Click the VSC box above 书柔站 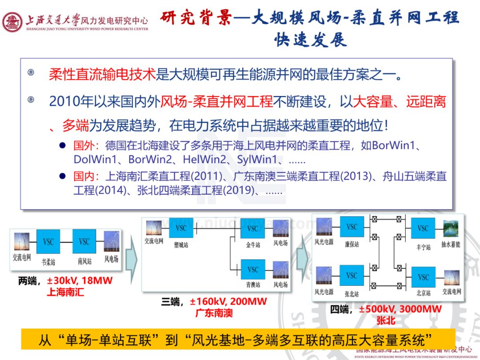point(48,242)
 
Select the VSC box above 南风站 point(84,242)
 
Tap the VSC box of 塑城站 point(181,228)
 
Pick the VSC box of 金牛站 point(252,228)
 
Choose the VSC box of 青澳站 point(252,269)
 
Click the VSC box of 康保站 point(352,227)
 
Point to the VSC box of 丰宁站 point(423,228)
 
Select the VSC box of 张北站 point(352,276)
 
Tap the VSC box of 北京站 point(423,277)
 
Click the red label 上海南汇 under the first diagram point(65,292)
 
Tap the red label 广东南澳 point(214,313)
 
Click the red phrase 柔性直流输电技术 point(102,74)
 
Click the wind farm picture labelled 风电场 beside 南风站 point(111,242)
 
